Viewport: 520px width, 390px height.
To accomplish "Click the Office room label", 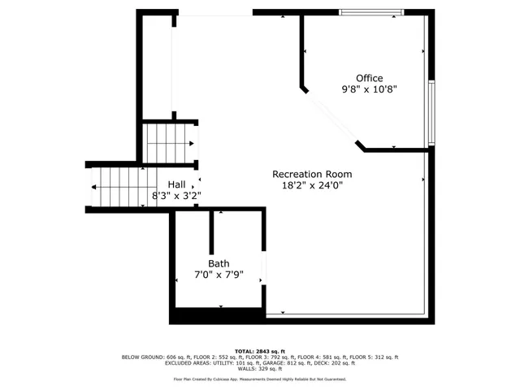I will click(369, 78).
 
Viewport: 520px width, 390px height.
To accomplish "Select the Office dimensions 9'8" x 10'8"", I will click(369, 90).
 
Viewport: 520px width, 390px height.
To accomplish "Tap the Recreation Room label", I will click(312, 174).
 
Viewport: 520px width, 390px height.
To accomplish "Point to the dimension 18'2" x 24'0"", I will click(312, 185).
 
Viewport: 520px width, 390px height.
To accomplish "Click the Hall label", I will click(176, 184).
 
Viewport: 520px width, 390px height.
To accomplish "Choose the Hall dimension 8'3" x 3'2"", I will click(176, 196).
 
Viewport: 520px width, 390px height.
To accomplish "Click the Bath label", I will click(219, 263).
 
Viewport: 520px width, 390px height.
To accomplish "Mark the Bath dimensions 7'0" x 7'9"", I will click(219, 275).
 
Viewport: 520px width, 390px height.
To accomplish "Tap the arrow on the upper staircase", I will click(191, 144).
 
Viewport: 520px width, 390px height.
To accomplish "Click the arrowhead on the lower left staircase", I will click(95, 187).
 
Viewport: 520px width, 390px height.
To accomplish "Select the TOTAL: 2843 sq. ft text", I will click(260, 350).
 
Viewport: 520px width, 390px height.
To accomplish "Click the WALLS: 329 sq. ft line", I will click(260, 370).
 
